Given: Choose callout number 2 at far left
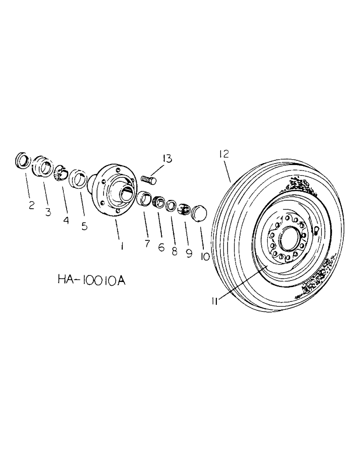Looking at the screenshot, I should [31, 205].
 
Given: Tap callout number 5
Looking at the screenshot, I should [84, 226].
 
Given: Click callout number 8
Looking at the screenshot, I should [174, 252].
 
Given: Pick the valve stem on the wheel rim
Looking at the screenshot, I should [316, 232].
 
